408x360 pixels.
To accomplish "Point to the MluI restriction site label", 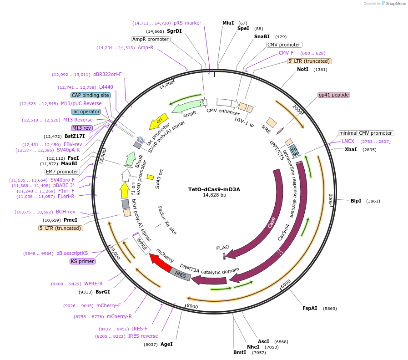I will tap(228, 23).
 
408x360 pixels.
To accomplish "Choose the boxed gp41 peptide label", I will tap(334, 95).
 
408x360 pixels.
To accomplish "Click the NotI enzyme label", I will tap(302, 69).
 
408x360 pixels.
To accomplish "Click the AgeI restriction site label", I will tap(166, 345).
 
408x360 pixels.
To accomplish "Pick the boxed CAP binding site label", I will tap(90, 95).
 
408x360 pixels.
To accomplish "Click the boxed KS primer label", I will tap(82, 261).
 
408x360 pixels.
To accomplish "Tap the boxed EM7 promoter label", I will tap(62, 172).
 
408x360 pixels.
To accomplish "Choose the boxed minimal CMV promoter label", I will tap(366, 133).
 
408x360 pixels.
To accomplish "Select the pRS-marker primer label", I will tap(187, 23).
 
